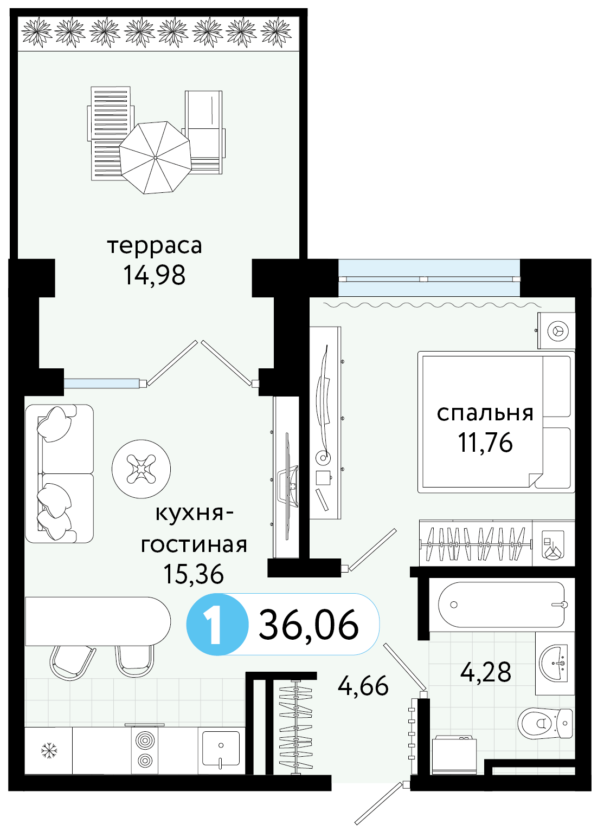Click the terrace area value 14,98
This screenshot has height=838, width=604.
(155, 275)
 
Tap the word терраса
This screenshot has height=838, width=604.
(155, 246)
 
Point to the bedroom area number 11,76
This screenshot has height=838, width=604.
(485, 443)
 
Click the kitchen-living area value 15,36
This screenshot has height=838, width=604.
(194, 574)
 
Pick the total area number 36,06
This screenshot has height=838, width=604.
(309, 625)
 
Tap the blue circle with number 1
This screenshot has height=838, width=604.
(217, 625)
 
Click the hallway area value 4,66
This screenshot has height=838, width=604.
(363, 686)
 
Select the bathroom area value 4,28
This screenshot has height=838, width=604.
(486, 672)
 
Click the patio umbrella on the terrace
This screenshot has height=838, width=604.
(156, 158)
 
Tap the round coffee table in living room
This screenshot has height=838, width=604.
(141, 469)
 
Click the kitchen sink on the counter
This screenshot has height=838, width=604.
(221, 748)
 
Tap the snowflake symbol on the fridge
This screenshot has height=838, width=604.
(49, 750)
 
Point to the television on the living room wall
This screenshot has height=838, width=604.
(287, 486)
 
